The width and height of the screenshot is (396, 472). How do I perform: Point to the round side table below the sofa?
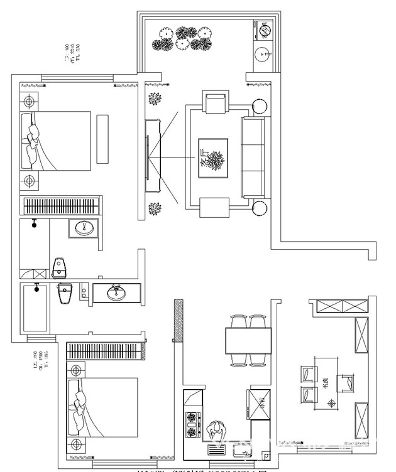coord(259,208)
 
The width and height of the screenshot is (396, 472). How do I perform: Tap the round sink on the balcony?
coord(263,55)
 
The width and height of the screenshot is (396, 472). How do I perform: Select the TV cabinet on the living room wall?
coord(150,154)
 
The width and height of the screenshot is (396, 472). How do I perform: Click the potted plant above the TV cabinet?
coord(155,99)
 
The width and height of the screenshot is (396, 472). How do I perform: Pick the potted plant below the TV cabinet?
coord(155,209)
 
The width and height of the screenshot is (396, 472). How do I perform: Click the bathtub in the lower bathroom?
coord(35,308)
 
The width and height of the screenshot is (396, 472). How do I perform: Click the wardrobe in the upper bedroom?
coord(61,206)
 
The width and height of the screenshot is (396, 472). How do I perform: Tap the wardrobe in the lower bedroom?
coord(106,351)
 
